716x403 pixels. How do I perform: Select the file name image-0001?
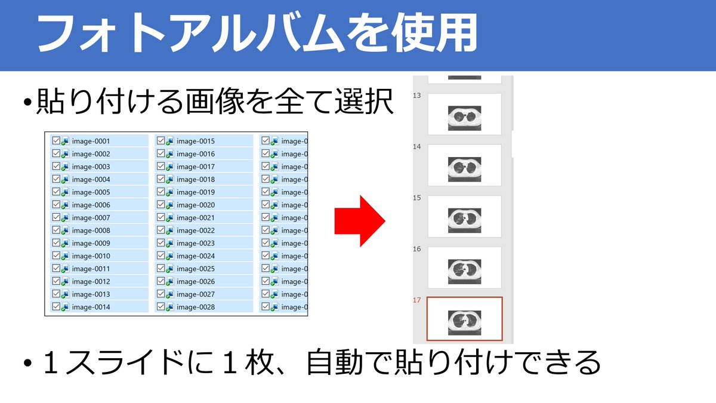91,141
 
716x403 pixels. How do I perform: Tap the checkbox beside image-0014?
56,306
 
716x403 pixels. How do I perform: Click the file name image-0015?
196,141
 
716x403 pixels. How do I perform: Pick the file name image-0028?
196,307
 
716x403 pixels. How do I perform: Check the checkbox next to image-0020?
161,205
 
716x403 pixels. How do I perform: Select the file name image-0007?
91,218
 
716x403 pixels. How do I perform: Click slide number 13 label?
417,96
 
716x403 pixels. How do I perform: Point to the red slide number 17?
417,300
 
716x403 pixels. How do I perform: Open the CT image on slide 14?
464,170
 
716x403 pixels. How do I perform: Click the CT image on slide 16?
464,272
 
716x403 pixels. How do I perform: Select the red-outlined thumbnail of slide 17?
464,318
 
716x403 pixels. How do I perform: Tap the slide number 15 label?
417,198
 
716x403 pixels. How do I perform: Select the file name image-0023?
196,244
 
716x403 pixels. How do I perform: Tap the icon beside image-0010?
65,256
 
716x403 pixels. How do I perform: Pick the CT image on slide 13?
464,118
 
